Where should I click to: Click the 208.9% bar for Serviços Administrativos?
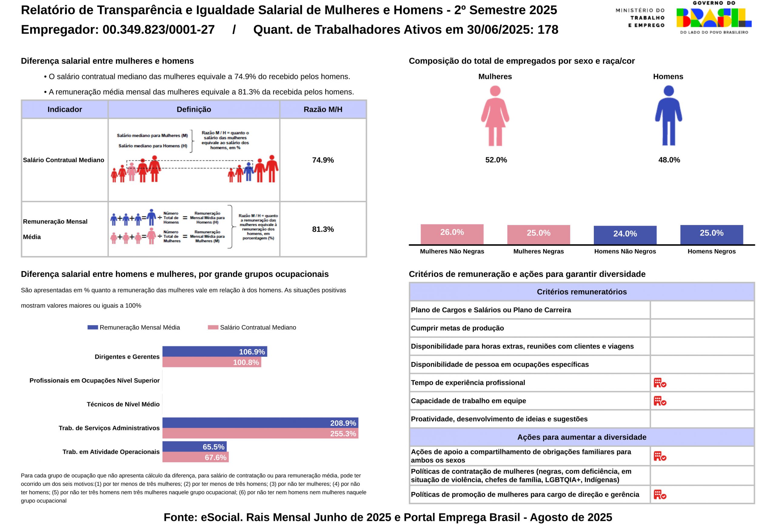click(x=260, y=423)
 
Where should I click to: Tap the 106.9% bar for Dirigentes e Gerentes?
click(x=215, y=351)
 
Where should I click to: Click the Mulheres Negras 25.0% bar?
click(x=538, y=234)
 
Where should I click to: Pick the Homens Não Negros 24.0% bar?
click(x=625, y=235)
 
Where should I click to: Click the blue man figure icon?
click(x=668, y=116)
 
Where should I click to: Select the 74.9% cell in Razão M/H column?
click(x=323, y=160)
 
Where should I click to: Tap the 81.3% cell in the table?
click(x=323, y=229)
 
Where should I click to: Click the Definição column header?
click(x=194, y=109)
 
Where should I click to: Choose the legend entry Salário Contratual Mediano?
click(x=257, y=327)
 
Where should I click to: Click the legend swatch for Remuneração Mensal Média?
click(x=92, y=327)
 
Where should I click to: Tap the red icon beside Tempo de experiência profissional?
click(x=660, y=383)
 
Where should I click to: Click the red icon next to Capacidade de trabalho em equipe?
click(x=660, y=401)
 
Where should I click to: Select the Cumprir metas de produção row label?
click(x=457, y=328)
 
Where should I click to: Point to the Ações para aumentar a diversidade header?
click(x=581, y=437)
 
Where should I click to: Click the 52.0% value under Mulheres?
click(x=496, y=160)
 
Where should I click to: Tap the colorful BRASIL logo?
click(x=714, y=18)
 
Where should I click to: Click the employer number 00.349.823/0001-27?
click(x=158, y=30)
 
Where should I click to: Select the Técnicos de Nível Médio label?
click(x=123, y=404)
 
